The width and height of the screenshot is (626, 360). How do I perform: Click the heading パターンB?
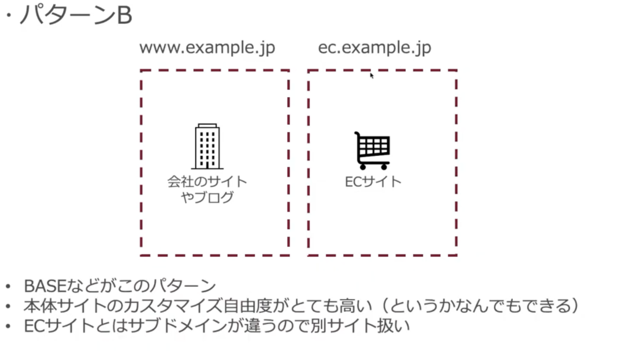pyautogui.click(x=75, y=15)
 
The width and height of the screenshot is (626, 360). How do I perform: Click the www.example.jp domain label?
pyautogui.click(x=207, y=48)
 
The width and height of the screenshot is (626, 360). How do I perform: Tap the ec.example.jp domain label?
pyautogui.click(x=375, y=48)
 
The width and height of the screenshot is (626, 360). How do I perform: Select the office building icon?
pyautogui.click(x=207, y=147)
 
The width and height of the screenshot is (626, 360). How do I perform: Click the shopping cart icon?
pyautogui.click(x=372, y=150)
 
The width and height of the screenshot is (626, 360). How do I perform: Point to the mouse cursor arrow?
pyautogui.click(x=372, y=76)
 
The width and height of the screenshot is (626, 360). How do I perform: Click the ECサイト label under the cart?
pyautogui.click(x=373, y=182)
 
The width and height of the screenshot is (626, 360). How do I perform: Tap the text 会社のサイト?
pyautogui.click(x=207, y=182)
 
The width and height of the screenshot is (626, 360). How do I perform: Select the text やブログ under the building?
pyautogui.click(x=207, y=197)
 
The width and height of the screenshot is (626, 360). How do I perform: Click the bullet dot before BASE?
pyautogui.click(x=8, y=287)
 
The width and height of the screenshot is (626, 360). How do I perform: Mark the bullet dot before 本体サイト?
pyautogui.click(x=8, y=306)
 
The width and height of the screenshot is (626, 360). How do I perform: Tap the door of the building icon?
pyautogui.click(x=207, y=165)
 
